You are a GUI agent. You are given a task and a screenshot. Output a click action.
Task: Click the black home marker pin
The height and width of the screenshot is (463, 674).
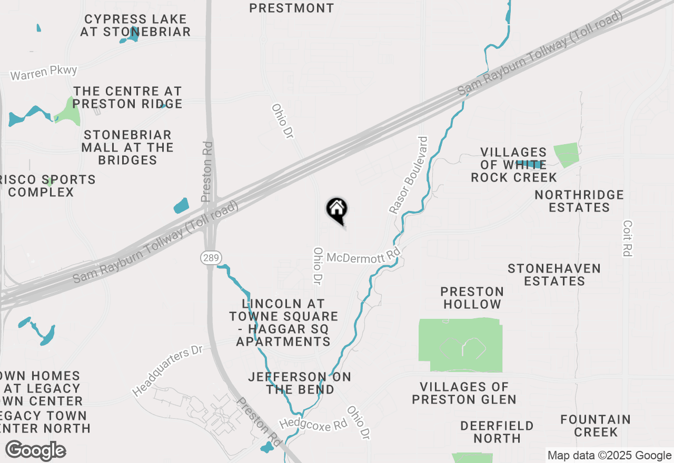point(337,210)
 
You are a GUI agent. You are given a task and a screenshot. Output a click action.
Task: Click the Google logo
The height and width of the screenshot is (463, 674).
point(36,451)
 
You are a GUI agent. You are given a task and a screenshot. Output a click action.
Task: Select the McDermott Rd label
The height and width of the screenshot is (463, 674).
point(363,257)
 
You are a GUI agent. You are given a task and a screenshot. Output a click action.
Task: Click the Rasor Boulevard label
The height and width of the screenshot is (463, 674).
point(409,175)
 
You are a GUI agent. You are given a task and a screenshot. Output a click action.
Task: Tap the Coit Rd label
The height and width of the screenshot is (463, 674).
point(627,238)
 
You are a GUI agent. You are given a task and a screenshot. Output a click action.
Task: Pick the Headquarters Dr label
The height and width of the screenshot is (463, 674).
point(167,371)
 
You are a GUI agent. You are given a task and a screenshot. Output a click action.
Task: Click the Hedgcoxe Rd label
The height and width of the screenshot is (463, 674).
point(313,424)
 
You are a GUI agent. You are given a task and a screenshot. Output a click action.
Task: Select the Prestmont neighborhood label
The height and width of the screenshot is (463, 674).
point(291,8)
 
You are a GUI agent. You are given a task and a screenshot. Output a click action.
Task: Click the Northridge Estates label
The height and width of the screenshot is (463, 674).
point(579,201)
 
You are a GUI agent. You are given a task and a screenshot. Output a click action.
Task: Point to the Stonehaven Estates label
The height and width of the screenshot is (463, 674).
point(554,275)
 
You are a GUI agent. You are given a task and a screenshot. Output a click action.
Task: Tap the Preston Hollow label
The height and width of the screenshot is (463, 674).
point(472,298)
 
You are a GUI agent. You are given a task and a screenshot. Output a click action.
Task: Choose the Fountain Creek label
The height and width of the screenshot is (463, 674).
point(596,426)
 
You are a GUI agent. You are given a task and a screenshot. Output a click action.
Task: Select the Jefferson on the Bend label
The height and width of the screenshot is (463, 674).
point(300,383)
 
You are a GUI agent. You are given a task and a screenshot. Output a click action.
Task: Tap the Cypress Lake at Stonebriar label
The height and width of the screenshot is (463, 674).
point(135,25)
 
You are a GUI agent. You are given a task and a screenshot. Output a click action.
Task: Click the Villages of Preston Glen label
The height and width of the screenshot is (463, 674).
point(464,393)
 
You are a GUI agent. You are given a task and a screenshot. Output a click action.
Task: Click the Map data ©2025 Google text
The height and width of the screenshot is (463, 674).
point(609,456)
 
